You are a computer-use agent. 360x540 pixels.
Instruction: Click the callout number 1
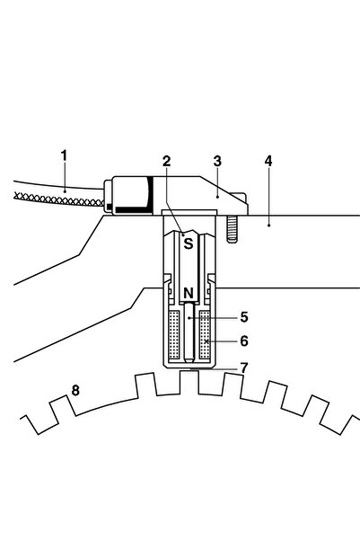pos(64,155)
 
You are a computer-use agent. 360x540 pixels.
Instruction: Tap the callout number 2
pos(167,161)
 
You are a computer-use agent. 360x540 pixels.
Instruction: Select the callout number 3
pos(217,161)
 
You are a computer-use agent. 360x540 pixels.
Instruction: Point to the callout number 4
pos(268,161)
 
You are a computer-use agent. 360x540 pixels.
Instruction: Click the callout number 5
pos(244,317)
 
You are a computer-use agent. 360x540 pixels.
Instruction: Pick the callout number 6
pos(244,341)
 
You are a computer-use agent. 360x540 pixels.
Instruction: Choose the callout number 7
pos(244,367)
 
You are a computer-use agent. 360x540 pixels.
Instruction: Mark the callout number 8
pos(75,391)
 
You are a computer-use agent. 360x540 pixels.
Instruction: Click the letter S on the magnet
pos(189,243)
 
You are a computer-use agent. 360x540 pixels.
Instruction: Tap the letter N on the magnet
pos(189,293)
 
